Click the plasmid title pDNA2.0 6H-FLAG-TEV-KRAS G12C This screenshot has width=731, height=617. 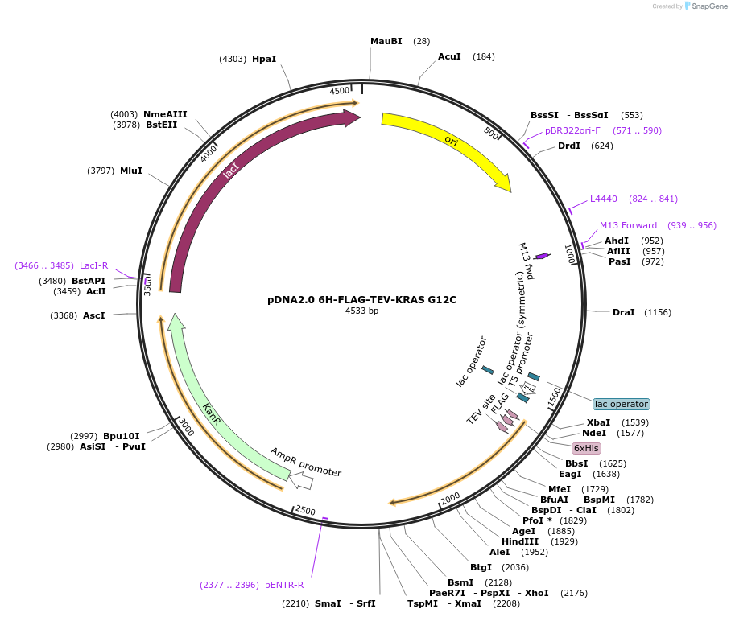tap(361, 300)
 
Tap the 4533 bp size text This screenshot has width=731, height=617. tap(361, 311)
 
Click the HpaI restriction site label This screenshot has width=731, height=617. tap(264, 59)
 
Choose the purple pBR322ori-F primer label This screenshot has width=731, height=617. tap(572, 130)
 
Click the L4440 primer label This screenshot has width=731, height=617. tap(603, 199)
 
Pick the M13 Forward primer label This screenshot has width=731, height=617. tap(628, 225)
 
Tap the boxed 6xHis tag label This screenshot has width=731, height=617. tap(586, 448)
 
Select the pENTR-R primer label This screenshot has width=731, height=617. tap(284, 585)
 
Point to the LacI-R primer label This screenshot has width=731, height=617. tap(93, 265)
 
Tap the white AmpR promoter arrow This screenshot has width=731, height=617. tap(301, 481)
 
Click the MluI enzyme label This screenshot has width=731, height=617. tap(131, 171)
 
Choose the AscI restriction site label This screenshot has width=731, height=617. tap(94, 315)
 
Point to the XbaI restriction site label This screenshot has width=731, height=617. tap(598, 422)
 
